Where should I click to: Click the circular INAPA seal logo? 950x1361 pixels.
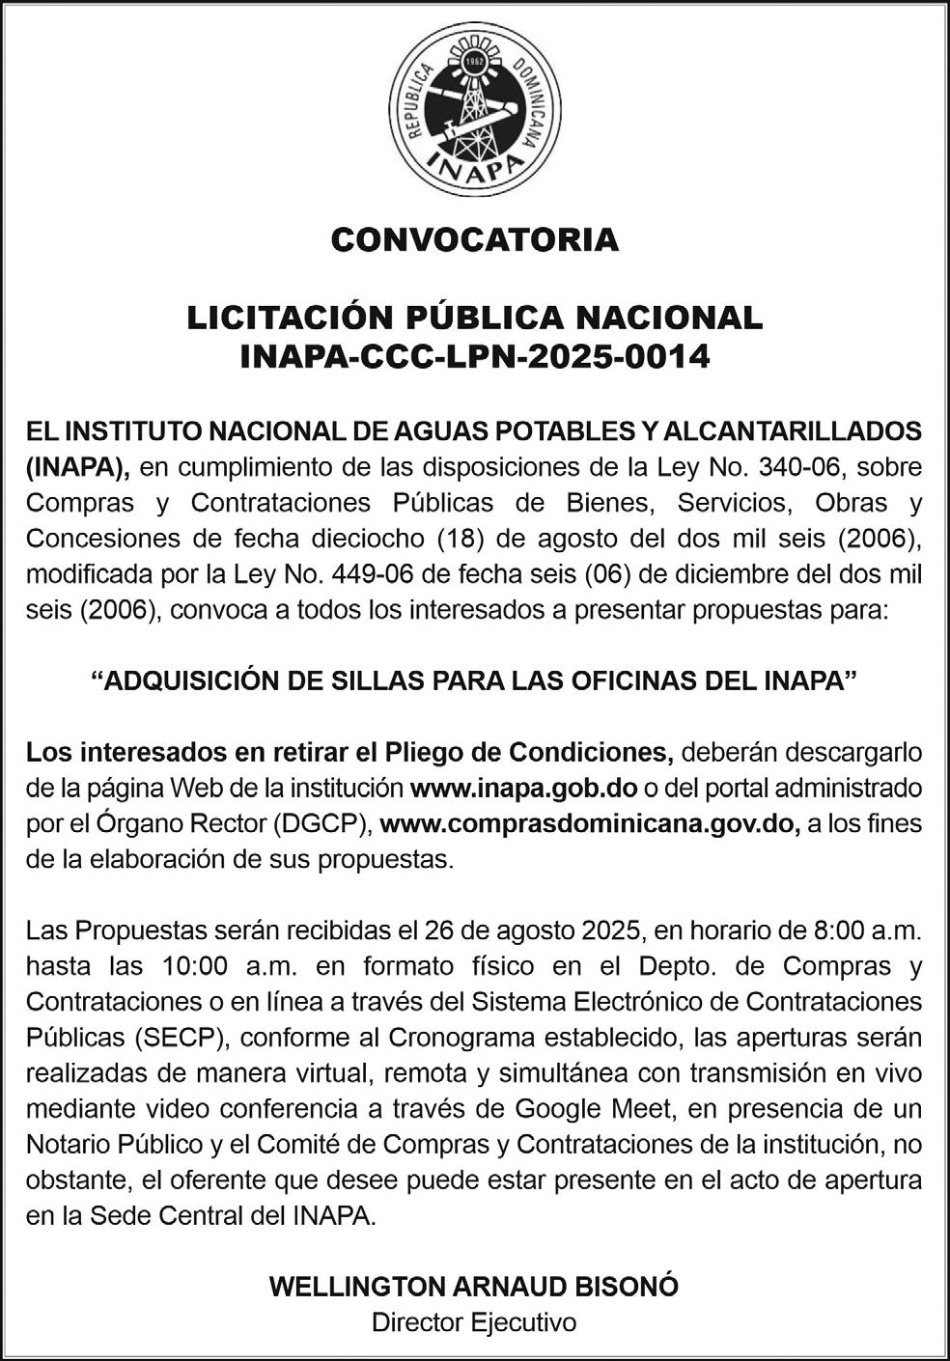475,112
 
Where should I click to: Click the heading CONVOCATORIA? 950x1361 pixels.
474,239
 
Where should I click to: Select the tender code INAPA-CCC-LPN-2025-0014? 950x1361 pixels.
474,357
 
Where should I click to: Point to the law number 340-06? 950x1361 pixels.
795,467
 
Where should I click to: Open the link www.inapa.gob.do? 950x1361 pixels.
523,788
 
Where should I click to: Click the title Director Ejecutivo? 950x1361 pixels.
474,1321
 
